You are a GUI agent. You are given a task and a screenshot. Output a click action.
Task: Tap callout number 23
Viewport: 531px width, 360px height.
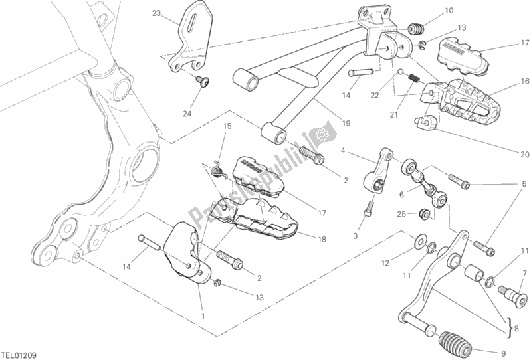tap(156, 13)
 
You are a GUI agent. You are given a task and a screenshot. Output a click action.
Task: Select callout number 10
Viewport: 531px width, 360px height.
tap(450, 11)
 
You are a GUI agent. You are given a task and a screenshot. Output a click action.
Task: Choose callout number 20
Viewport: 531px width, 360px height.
tap(524, 155)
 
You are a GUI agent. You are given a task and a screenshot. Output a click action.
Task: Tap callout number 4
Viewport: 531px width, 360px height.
tap(344, 151)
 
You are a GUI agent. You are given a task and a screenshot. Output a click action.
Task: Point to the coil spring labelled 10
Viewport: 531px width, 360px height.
tap(417, 29)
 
